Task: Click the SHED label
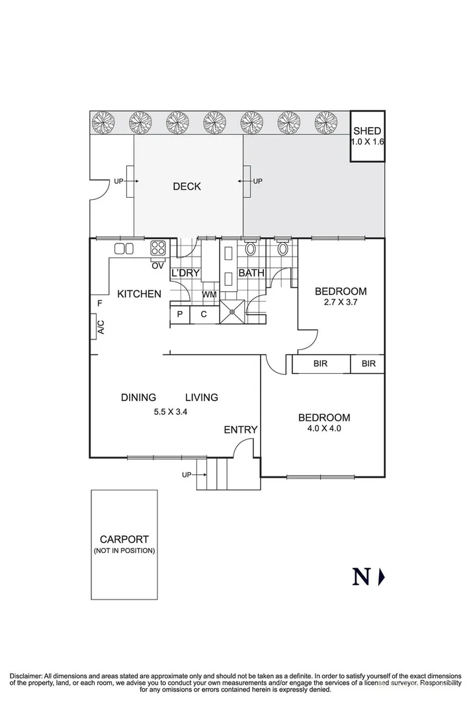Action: point(367,132)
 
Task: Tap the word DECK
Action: point(187,187)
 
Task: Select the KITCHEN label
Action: point(139,294)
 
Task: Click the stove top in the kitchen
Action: point(158,249)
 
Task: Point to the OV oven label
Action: point(157,266)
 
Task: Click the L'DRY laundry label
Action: point(186,273)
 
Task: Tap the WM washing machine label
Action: point(209,294)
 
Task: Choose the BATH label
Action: point(251,273)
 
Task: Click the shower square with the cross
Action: point(233,310)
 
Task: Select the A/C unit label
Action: point(101,328)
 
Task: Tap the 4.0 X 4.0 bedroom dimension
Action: point(324,429)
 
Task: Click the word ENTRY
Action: point(240,430)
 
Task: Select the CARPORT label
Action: point(124,539)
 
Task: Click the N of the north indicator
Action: point(361,577)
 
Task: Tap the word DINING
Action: point(138,398)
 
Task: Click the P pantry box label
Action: point(179,314)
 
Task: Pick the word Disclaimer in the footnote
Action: point(25,674)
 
